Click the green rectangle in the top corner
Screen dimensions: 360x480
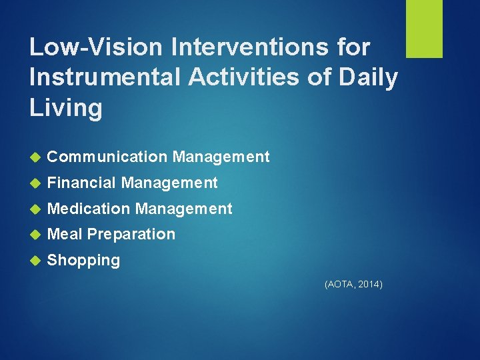(424, 29)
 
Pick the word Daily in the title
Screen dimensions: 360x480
(369, 77)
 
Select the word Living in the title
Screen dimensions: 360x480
(65, 107)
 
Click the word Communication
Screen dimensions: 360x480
(107, 157)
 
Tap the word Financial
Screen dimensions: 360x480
(82, 183)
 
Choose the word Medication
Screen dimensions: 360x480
(89, 209)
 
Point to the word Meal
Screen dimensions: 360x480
(65, 234)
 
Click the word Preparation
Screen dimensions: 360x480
(131, 235)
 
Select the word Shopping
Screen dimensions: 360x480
(84, 261)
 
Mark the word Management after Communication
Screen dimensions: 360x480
(221, 157)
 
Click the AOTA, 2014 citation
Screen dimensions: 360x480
(353, 285)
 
